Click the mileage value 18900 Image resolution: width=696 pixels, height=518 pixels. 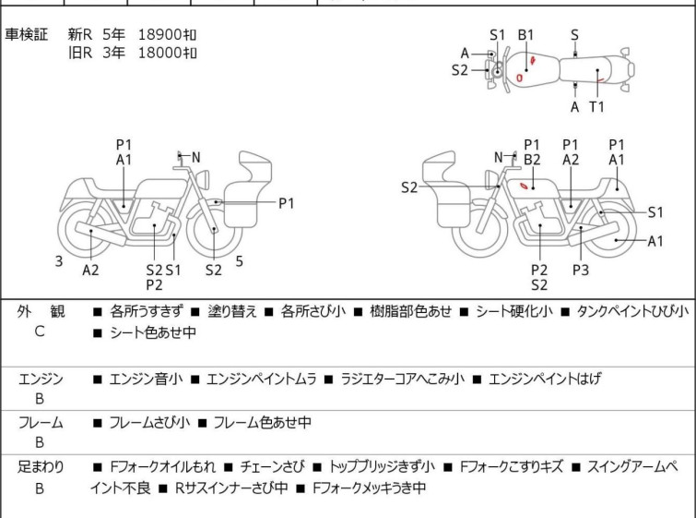coord(159,35)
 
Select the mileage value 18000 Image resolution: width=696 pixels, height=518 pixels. coord(159,53)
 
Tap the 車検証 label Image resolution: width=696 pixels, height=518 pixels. coord(26,35)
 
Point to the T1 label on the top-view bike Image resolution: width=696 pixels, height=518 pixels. coord(596,107)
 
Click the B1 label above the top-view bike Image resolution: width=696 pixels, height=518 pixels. coord(525,35)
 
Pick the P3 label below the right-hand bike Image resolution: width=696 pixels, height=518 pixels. coord(581,270)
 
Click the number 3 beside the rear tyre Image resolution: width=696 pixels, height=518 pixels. coord(59,261)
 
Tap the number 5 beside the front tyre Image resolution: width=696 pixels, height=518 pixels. coord(240,261)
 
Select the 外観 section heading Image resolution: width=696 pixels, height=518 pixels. coord(41,311)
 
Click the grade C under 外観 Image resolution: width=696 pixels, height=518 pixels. coord(40,331)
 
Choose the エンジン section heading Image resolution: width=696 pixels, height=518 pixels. coord(41,379)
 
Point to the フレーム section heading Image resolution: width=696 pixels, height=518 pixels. coord(41,422)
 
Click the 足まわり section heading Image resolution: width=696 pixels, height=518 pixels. coord(41,467)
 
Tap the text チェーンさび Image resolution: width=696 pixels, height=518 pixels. coord(273,467)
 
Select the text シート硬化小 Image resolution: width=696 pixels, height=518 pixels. coord(514,311)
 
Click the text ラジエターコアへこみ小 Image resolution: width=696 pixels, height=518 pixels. coord(402,379)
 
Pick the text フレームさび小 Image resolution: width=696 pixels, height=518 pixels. coord(149,422)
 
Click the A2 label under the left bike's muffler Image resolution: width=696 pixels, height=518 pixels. coord(90,270)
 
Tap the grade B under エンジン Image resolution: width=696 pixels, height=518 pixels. coord(40,399)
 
